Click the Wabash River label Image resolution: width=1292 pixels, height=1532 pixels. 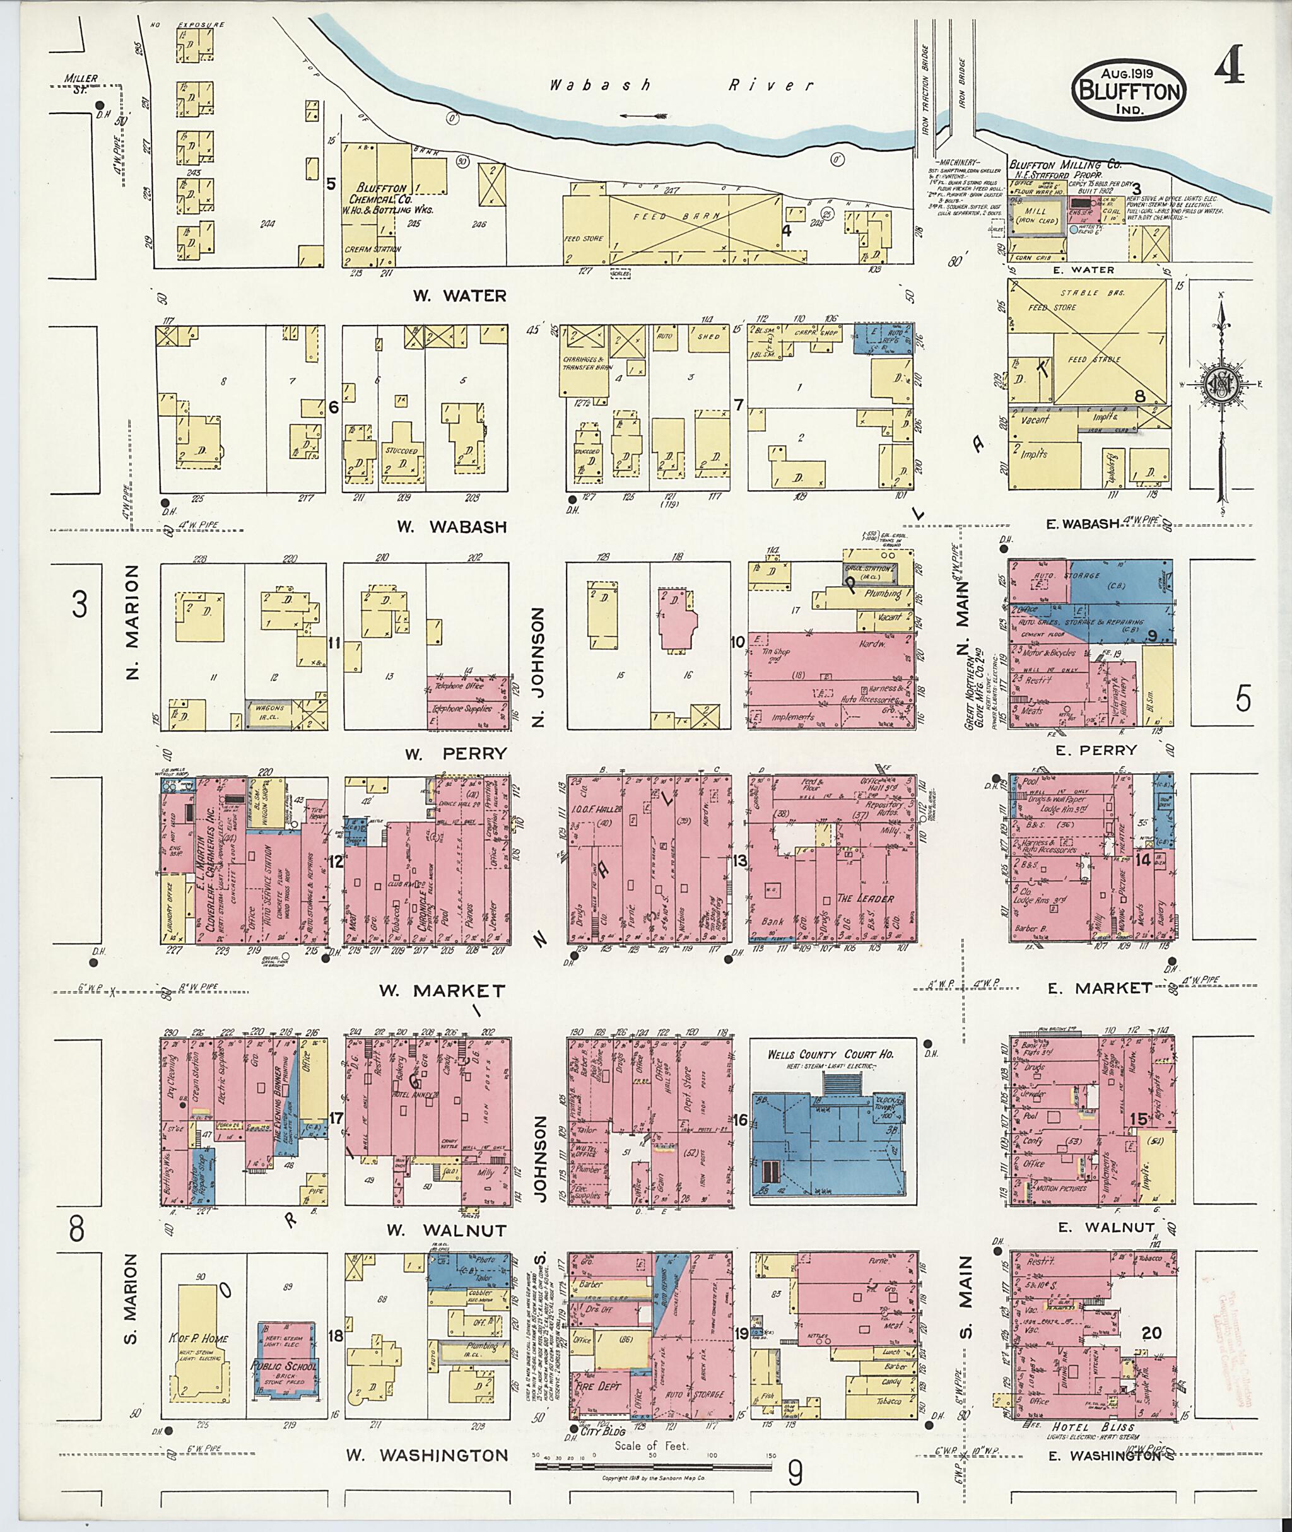(x=681, y=86)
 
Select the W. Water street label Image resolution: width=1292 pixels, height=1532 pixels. (x=459, y=296)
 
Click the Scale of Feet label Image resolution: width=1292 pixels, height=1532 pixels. (x=651, y=1446)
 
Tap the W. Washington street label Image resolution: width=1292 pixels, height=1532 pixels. (x=427, y=1456)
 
